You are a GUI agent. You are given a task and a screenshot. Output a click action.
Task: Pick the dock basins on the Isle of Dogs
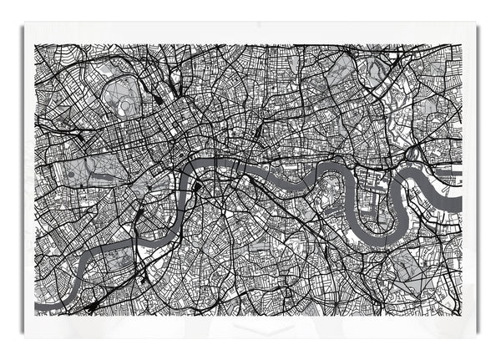coord(367,188)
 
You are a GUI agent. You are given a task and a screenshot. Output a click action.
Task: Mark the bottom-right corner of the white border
coord(475,334)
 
